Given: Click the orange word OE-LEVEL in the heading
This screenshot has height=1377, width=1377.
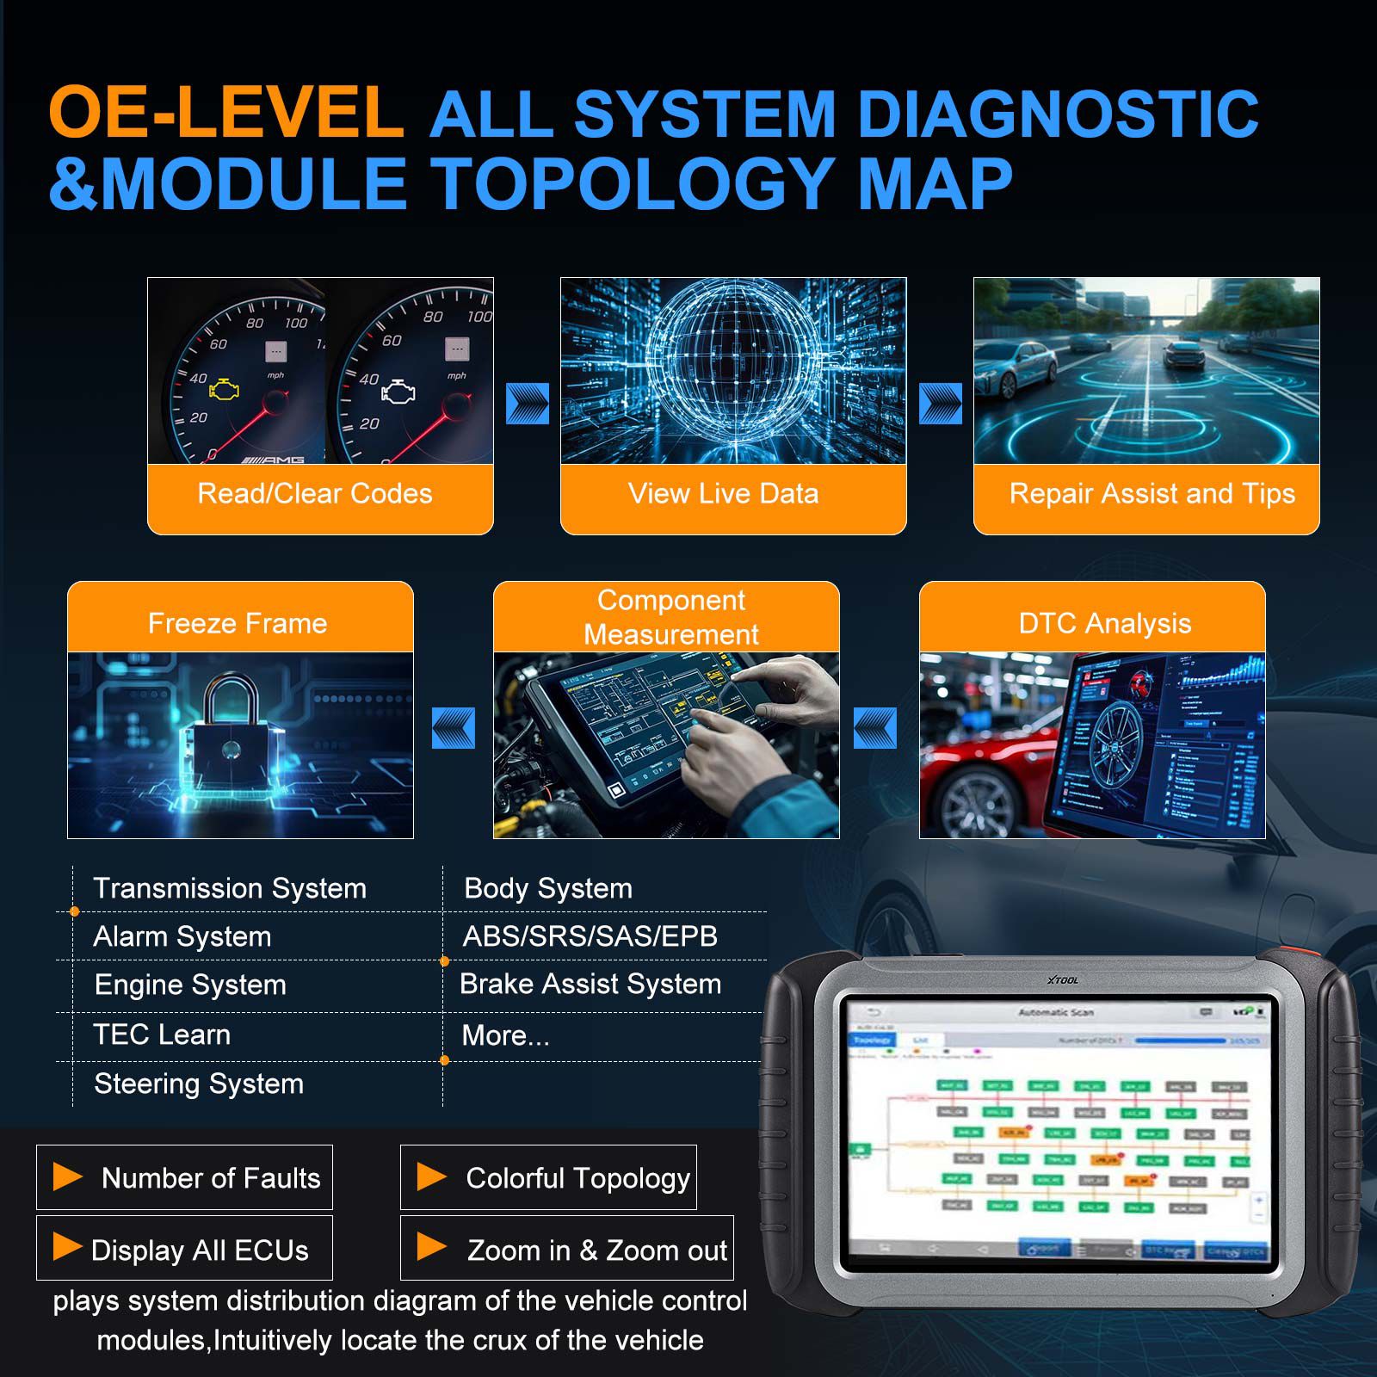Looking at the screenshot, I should tap(225, 113).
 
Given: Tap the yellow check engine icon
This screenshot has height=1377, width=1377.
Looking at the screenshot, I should tap(225, 390).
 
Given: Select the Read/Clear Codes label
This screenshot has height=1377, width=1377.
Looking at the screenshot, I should tap(315, 494).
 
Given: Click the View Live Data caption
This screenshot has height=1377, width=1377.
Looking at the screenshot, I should tap(723, 494).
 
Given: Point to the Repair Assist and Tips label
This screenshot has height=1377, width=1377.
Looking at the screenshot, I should tap(1152, 494).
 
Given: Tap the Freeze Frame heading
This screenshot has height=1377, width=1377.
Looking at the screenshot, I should tap(238, 623).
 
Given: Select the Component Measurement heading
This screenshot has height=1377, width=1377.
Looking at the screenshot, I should tap(671, 617).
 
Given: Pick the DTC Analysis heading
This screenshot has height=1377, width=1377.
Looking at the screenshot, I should tap(1105, 623).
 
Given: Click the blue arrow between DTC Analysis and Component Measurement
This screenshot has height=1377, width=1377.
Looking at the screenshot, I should tap(874, 728).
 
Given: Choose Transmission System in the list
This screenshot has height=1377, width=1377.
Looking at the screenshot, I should tap(230, 888).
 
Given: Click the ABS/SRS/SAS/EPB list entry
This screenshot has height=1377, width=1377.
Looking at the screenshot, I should tap(590, 936).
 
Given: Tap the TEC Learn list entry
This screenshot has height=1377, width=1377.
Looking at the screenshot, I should tap(162, 1034).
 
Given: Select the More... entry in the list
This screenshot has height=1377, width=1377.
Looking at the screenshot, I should tap(505, 1035).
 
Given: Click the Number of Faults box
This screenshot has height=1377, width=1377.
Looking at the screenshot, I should tap(185, 1177).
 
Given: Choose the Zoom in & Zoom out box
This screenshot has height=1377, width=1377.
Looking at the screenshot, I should tap(567, 1249).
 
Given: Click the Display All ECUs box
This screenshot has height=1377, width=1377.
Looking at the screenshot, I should tap(185, 1249).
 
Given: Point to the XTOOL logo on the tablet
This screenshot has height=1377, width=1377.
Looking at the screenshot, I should tap(1062, 980).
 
